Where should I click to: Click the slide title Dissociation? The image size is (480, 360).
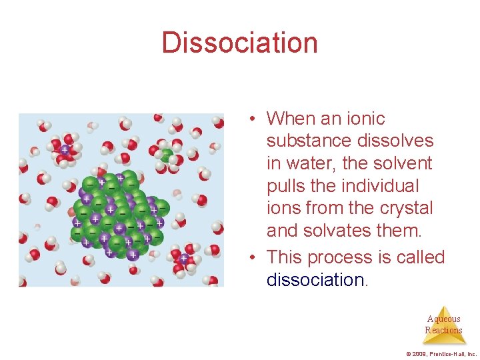[239, 43]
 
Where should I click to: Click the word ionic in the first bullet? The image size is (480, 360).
[365, 119]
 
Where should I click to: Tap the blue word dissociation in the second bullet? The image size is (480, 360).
[315, 280]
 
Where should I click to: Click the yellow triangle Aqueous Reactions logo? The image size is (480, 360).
[443, 325]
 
